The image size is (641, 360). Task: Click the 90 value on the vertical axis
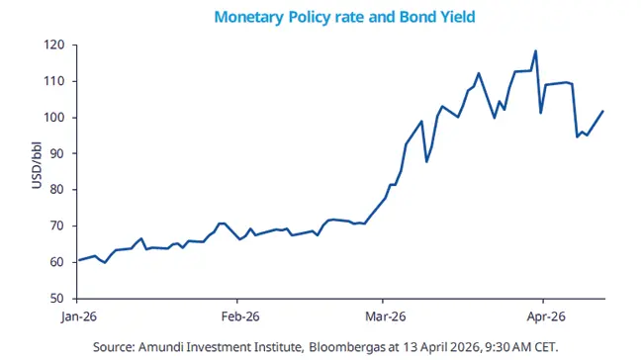pos(58,153)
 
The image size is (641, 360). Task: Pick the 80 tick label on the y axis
pos(58,190)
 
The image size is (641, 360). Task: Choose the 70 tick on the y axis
pos(58,225)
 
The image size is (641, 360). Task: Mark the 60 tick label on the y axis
pos(58,262)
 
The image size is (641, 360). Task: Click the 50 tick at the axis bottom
pos(58,298)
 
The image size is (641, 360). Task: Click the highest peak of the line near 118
pos(535,51)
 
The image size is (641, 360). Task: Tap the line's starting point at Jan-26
pos(79,260)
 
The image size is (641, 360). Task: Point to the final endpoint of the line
pos(602,111)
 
